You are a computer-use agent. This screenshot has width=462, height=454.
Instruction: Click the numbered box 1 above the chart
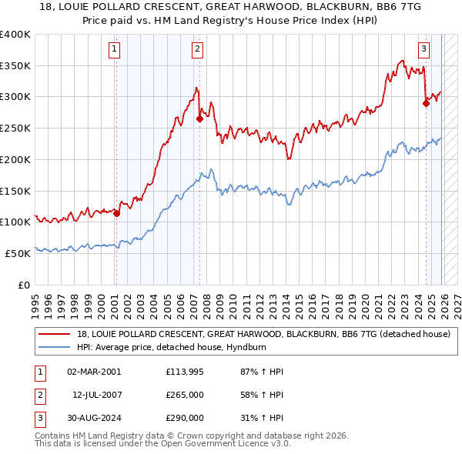click(x=114, y=50)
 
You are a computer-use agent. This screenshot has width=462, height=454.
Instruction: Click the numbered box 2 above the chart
click(x=197, y=50)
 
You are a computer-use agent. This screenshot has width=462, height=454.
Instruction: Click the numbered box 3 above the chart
click(x=424, y=50)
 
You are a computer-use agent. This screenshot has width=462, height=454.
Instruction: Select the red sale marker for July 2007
click(x=199, y=119)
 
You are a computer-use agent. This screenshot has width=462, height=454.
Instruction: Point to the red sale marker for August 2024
click(x=426, y=102)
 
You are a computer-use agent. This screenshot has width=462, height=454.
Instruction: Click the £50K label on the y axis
click(x=18, y=253)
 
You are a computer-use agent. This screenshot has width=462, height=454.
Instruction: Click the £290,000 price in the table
click(x=185, y=418)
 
